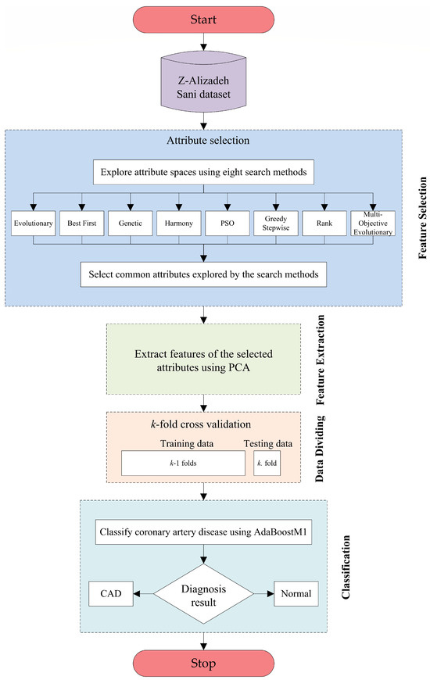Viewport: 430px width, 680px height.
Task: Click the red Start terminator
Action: tap(204, 18)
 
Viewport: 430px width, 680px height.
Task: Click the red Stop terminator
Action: tap(204, 663)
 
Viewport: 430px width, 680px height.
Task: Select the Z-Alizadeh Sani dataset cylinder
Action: tap(204, 81)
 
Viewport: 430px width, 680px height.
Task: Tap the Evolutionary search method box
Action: tap(33, 223)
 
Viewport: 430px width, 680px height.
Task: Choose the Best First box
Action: tap(81, 223)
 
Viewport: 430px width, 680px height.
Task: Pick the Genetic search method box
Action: tap(129, 223)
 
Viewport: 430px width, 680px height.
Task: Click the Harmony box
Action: tap(179, 223)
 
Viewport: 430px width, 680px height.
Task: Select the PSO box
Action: tap(228, 223)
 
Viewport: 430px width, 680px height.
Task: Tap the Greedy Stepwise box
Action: tap(277, 223)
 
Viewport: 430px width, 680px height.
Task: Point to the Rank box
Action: tap(326, 223)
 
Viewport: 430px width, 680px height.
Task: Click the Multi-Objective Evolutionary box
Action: tap(374, 223)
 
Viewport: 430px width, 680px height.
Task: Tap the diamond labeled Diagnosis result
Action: tap(204, 594)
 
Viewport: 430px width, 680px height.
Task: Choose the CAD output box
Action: tap(110, 594)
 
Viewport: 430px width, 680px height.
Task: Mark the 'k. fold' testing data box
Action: tap(268, 463)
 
